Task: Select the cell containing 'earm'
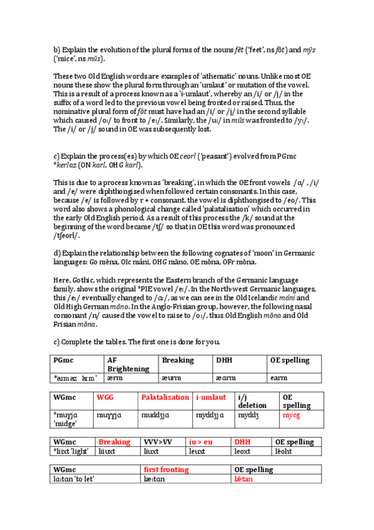click(x=279, y=378)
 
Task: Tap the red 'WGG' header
click(x=106, y=397)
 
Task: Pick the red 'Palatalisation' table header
click(x=165, y=397)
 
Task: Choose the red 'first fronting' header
click(x=166, y=469)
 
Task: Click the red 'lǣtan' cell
click(x=244, y=479)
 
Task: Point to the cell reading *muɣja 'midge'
click(x=69, y=418)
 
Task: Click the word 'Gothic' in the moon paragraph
click(x=82, y=281)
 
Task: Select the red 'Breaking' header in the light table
click(x=115, y=442)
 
